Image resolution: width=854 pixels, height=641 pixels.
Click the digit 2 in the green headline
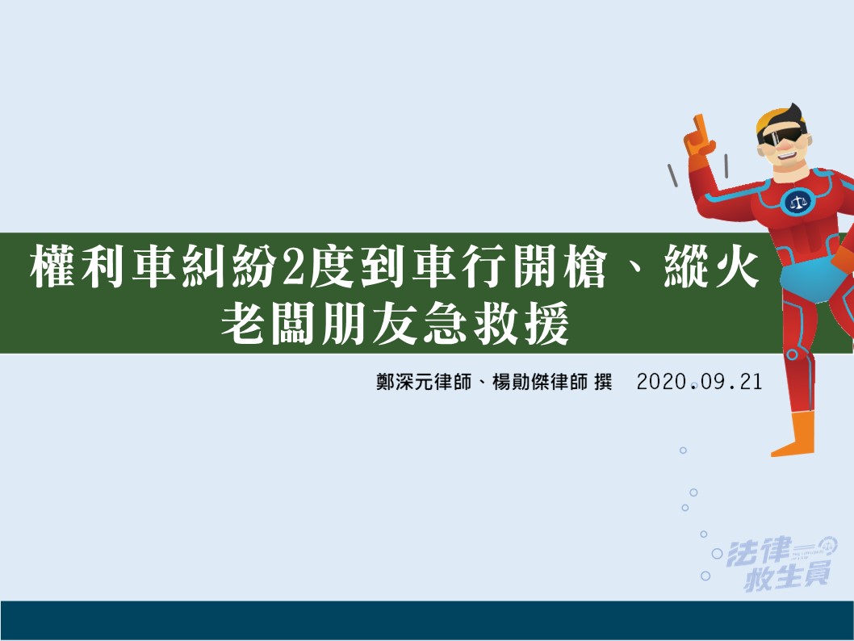(293, 268)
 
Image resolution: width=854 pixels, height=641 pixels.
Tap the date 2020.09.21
(699, 382)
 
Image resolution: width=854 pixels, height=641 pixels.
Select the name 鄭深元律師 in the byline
(424, 382)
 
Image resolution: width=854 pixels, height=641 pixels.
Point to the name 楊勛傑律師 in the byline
(540, 382)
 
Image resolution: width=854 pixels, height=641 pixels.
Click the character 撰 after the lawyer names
(604, 382)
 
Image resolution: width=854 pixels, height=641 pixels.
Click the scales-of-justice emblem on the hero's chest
(798, 202)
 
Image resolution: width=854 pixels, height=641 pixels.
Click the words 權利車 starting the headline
(103, 268)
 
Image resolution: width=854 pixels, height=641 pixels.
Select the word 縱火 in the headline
(711, 267)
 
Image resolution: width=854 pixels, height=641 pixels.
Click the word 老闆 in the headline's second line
(268, 324)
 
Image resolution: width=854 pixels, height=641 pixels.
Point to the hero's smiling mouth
(786, 154)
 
